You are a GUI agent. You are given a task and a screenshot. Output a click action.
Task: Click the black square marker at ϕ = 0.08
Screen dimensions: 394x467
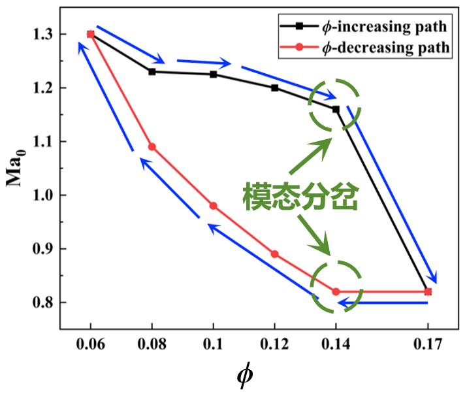(152, 71)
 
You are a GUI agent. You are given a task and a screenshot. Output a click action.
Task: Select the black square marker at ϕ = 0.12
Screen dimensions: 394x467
(274, 88)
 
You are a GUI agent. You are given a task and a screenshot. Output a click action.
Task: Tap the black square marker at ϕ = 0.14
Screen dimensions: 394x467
(336, 109)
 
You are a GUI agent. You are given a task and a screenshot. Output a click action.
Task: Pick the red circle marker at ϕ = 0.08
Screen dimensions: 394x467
(152, 147)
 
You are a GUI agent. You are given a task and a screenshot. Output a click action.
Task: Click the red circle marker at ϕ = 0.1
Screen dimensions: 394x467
(213, 206)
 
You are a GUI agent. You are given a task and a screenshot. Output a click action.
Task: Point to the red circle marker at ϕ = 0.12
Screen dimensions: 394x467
(274, 254)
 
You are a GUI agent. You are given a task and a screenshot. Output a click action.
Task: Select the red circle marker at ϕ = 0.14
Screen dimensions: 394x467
(336, 291)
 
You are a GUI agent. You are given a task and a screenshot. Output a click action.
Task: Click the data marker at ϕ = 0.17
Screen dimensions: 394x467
(428, 291)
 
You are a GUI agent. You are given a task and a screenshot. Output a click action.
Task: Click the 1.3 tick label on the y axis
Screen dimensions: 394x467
(41, 34)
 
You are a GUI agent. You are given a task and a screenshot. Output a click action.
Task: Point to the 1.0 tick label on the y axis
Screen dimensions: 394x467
(41, 195)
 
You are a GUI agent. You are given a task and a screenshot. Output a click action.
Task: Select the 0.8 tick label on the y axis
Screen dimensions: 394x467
(41, 303)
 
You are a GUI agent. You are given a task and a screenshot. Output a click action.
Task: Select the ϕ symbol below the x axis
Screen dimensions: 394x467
(244, 376)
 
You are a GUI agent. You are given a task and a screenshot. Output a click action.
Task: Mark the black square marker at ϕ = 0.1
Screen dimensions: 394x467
(213, 74)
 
